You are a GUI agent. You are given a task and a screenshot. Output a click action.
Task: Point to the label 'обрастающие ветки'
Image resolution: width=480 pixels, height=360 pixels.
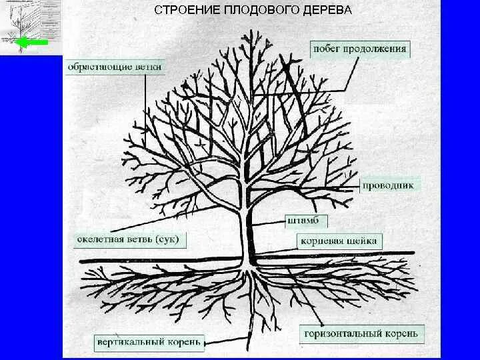click(x=115, y=67)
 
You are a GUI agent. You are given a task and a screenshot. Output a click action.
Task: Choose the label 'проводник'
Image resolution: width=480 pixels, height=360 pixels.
click(x=391, y=185)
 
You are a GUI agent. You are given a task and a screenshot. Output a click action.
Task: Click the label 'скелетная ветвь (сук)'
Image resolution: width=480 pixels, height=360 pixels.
click(x=128, y=239)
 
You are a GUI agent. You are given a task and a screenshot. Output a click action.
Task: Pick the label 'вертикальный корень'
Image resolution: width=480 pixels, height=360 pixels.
click(x=147, y=341)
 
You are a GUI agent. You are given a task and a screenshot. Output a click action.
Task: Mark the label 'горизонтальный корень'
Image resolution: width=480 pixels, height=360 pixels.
click(x=361, y=332)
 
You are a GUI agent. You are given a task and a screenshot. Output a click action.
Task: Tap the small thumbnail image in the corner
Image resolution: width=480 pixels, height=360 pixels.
click(x=31, y=27)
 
